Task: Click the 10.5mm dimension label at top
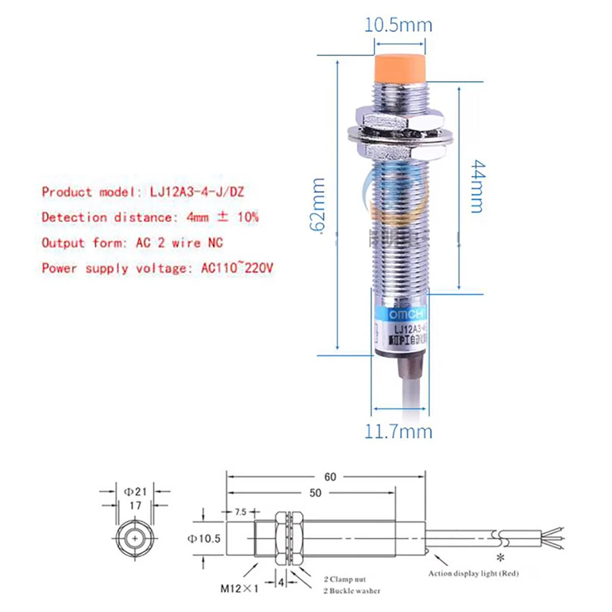(x=398, y=25)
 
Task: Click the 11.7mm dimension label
(x=398, y=432)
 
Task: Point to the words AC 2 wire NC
(x=180, y=243)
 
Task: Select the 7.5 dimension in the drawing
(x=240, y=512)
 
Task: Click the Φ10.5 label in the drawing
(x=204, y=539)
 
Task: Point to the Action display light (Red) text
(x=473, y=573)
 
